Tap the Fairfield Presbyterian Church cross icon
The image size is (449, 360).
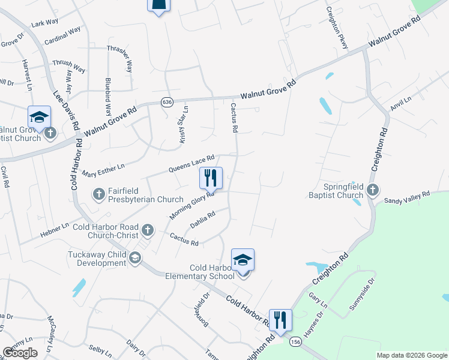pos(98,194)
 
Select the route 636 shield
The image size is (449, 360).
pos(167,103)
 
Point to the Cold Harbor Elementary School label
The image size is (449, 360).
pos(204,272)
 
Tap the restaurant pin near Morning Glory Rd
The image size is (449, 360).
pos(211,178)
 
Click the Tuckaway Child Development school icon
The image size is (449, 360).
pos(136,259)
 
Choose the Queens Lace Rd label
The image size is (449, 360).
pos(191,163)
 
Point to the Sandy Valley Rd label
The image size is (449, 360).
pos(408,196)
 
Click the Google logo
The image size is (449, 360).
pos(20,353)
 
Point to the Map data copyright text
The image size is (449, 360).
pos(412,355)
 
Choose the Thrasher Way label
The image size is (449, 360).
pos(120,58)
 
